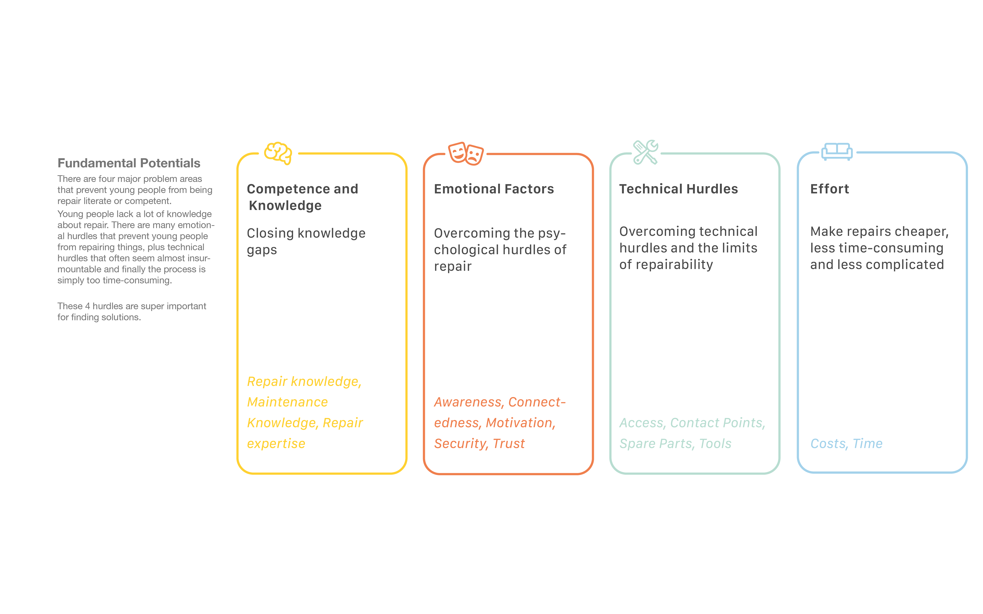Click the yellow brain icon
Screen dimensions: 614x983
point(278,153)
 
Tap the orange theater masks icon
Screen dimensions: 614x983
point(466,153)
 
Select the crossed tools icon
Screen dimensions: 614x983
point(645,152)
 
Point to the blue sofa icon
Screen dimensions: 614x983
point(837,152)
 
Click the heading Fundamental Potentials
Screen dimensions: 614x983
point(129,163)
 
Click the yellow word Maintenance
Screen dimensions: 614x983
point(287,402)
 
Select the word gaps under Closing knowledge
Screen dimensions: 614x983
point(262,250)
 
